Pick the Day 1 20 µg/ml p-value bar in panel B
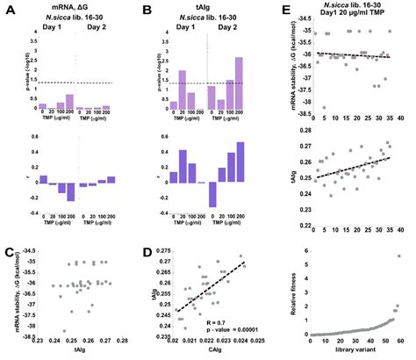coord(183,90)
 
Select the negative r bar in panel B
coord(212,195)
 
